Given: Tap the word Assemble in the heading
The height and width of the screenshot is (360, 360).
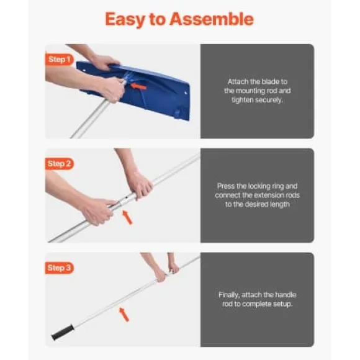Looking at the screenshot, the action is tap(212, 19).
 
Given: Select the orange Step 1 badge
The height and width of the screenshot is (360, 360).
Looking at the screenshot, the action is tap(59, 60).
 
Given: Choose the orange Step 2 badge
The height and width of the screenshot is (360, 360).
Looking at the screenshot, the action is tap(59, 164).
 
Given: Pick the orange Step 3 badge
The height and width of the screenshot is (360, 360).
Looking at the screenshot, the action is tap(59, 268).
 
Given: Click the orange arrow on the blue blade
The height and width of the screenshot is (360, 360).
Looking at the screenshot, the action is tap(138, 86).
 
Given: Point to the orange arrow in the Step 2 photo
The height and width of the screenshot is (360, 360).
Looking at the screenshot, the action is tap(127, 217).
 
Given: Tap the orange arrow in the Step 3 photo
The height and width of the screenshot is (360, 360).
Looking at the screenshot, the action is tap(124, 315).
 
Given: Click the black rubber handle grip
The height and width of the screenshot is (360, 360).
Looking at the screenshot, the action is tap(63, 332).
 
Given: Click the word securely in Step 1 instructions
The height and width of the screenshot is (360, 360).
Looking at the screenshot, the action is tap(269, 100).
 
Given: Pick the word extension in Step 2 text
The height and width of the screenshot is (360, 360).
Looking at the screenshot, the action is tap(270, 195).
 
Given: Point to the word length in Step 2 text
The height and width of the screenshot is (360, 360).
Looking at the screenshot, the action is tap(279, 204).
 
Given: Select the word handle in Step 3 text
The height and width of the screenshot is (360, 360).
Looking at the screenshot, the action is tap(286, 295).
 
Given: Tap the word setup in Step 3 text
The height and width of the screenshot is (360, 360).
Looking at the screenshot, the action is tap(282, 304).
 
